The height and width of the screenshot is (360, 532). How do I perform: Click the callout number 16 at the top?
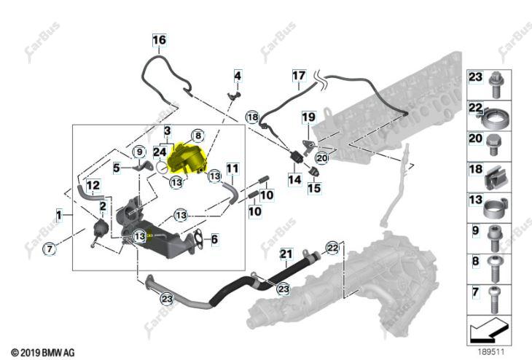[159, 40]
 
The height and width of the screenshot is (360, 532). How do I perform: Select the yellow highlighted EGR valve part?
[187, 158]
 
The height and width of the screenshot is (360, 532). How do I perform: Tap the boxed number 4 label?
[238, 76]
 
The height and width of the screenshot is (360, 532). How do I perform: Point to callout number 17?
[299, 75]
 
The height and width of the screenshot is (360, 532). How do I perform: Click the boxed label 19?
[308, 117]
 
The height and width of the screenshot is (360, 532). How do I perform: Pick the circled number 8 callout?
[198, 136]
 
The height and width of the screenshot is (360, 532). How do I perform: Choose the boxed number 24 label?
[160, 152]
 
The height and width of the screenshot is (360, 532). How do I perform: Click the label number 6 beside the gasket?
[214, 239]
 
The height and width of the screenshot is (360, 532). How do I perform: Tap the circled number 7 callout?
[50, 249]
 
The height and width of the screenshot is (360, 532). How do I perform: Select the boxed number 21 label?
[286, 254]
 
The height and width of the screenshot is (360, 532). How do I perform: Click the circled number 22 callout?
[332, 248]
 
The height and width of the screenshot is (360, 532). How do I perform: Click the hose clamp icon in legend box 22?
[496, 118]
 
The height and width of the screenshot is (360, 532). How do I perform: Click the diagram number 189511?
[491, 352]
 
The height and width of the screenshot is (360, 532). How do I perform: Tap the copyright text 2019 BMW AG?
[43, 353]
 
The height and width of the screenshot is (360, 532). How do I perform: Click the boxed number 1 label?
[59, 215]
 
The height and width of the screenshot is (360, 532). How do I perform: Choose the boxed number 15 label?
[314, 188]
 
